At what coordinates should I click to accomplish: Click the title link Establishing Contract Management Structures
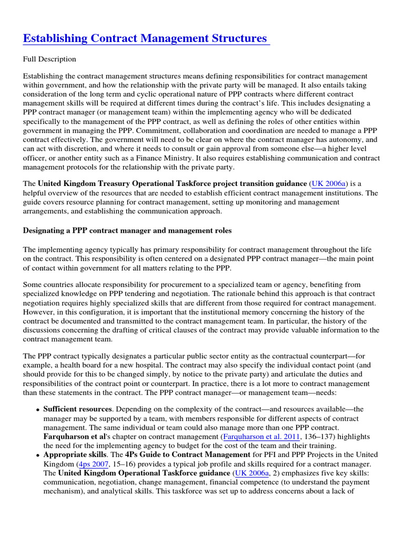click(x=145, y=38)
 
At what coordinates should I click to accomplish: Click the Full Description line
click(x=49, y=59)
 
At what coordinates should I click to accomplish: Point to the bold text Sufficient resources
click(x=77, y=409)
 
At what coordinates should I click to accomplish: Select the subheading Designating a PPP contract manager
click(x=127, y=231)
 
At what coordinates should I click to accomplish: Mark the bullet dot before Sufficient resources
click(x=38, y=409)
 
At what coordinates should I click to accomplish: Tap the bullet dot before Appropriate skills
click(x=38, y=456)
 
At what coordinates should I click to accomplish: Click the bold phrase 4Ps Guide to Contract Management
click(x=183, y=455)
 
